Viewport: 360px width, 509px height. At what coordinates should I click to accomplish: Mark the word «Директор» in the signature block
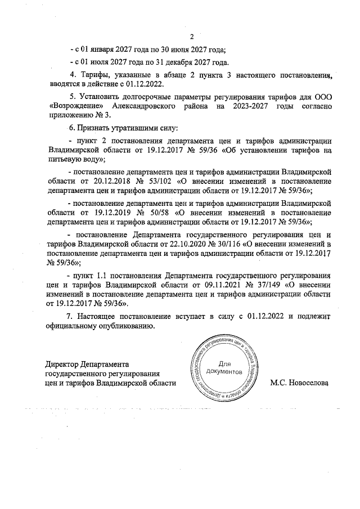[62, 363]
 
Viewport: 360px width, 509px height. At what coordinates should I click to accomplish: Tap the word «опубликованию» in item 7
[121, 326]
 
